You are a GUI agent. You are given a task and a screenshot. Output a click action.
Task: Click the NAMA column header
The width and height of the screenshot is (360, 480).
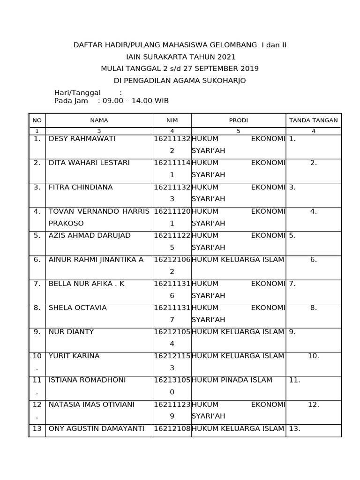pos(99,120)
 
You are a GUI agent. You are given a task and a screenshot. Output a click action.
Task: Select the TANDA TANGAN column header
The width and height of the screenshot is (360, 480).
pos(313,120)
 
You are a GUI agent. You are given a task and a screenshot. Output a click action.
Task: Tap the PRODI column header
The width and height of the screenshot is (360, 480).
pos(238,120)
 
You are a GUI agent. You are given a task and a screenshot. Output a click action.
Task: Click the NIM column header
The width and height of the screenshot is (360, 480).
pos(172,120)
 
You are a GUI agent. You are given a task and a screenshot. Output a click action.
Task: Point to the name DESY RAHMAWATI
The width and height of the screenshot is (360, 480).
pos(82,139)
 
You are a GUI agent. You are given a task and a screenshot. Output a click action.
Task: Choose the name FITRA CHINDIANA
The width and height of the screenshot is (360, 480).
pos(81,187)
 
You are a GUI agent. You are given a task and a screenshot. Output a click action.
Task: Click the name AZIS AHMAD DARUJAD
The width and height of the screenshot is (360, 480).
pos(90,235)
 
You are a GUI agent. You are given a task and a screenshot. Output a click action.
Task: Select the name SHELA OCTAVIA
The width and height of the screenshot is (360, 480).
pos(78,307)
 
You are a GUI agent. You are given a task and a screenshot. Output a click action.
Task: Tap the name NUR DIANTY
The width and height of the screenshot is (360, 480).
pos(71,332)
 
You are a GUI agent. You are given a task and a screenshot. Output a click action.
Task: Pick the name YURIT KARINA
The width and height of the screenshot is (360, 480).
pos(74,356)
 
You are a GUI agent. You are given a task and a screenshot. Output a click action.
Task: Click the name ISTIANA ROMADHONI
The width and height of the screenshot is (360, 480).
pos(88,380)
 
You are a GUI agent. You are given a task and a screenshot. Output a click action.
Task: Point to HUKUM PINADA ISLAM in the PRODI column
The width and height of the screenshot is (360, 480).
pos(232,380)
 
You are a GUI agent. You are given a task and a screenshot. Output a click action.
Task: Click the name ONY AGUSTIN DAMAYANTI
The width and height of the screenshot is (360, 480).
pos(96,428)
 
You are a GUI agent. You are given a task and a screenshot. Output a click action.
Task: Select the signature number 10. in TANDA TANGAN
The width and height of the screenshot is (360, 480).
pos(313,356)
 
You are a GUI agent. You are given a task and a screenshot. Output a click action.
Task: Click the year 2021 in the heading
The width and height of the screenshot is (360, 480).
pos(226,57)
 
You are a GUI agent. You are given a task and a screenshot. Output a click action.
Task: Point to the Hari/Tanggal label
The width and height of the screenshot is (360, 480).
pos(77,93)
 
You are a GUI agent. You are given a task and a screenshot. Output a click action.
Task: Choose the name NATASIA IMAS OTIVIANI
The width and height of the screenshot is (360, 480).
pos(91,404)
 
